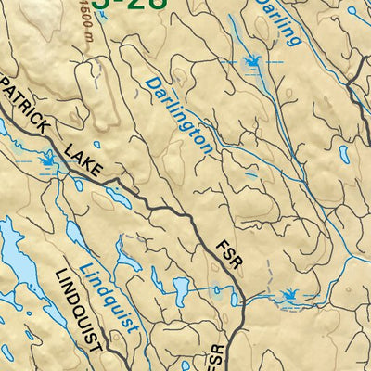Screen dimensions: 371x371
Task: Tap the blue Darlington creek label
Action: tap(179, 116)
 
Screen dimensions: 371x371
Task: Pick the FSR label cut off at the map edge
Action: tap(219, 357)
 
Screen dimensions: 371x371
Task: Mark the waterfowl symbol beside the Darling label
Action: tap(249, 62)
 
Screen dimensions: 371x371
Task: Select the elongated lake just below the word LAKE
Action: tap(118, 198)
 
